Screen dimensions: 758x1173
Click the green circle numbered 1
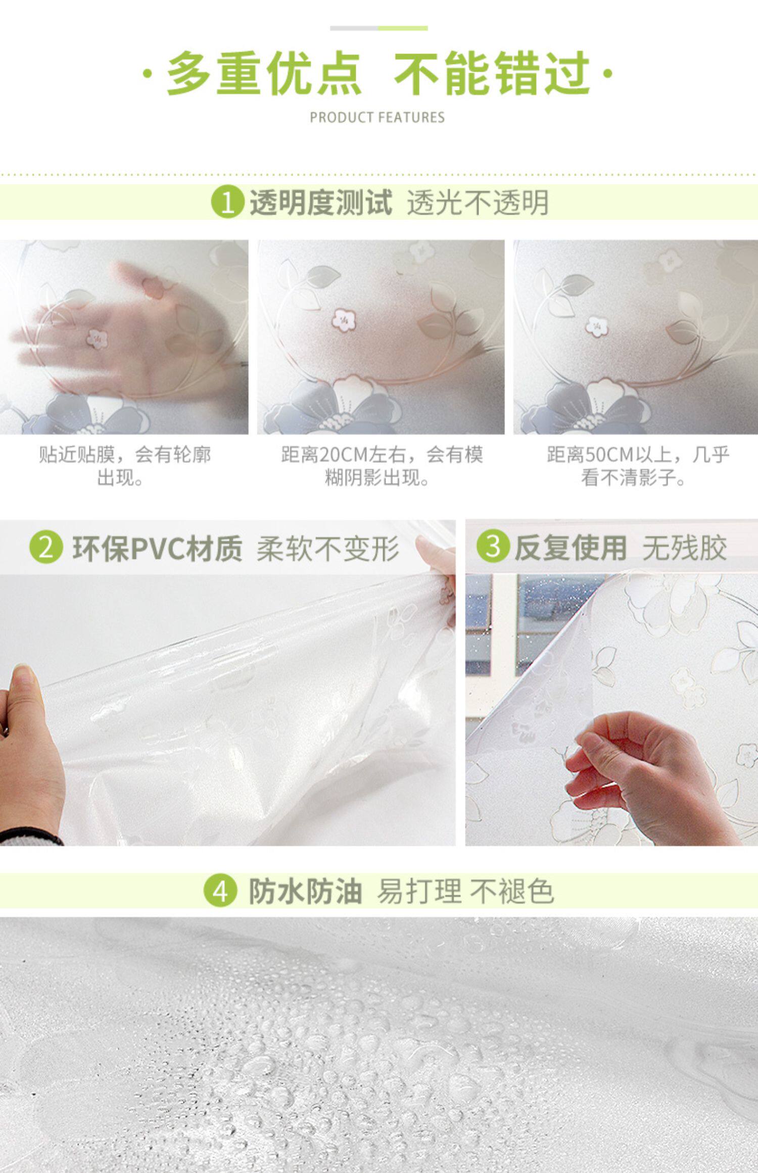click(x=227, y=202)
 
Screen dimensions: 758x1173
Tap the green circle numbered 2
click(x=46, y=548)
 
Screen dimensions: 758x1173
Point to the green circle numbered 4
click(x=220, y=891)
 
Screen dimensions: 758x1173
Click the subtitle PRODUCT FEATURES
click(x=377, y=118)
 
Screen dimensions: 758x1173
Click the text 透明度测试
click(x=321, y=202)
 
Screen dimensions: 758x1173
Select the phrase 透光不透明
click(x=478, y=203)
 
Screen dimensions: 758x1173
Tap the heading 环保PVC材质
click(x=157, y=548)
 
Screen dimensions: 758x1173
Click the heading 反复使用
click(x=571, y=547)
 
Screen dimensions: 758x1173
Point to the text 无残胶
click(x=685, y=547)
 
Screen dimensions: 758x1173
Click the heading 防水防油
click(x=305, y=891)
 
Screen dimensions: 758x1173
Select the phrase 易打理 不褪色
click(x=465, y=892)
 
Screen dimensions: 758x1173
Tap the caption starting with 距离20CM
click(x=382, y=466)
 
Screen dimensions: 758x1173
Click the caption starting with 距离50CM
click(x=638, y=466)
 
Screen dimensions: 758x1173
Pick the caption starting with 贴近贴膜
click(x=125, y=466)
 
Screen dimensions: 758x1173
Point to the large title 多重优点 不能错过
click(x=378, y=73)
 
